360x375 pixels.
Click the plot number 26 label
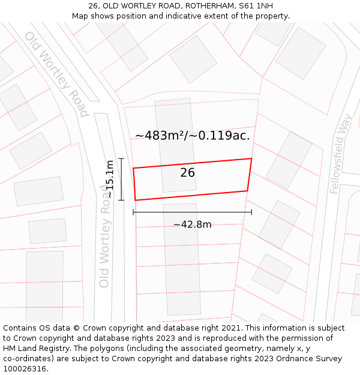(187, 173)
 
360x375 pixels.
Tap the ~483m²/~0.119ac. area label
(192, 136)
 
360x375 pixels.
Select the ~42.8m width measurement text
(192, 224)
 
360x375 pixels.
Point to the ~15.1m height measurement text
(109, 179)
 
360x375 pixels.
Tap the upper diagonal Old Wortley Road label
(56, 73)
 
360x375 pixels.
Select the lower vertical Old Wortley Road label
(105, 236)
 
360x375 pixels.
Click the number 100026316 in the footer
(25, 368)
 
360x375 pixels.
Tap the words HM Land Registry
(31, 348)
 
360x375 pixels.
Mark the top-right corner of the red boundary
(251, 158)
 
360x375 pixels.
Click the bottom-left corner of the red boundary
(135, 200)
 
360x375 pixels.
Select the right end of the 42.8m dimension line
(251, 212)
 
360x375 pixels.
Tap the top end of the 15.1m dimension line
(121, 158)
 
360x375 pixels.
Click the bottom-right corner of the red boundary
(247, 191)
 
